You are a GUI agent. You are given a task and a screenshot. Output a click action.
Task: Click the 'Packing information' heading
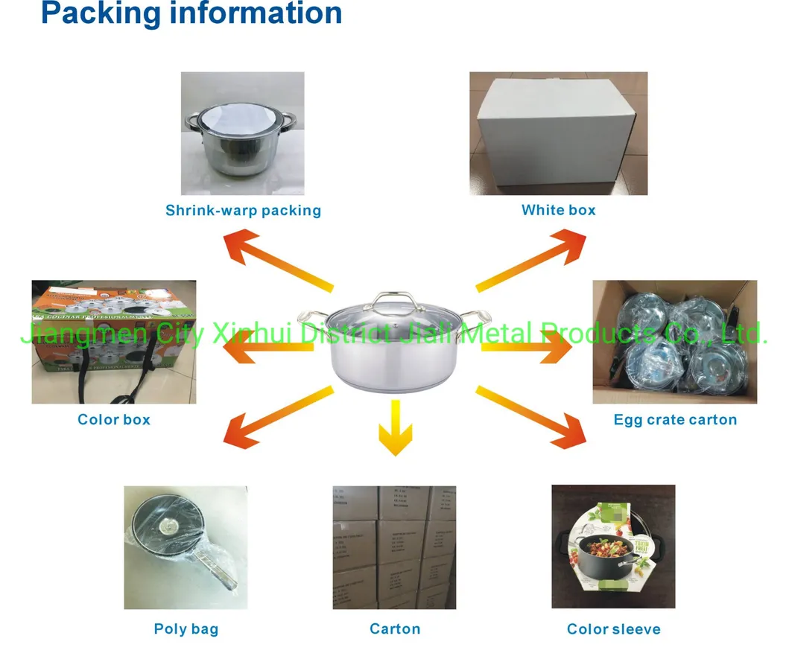191,13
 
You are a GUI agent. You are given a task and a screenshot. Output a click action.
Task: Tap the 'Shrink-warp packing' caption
243,210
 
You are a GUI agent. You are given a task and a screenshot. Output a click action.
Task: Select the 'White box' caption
558,210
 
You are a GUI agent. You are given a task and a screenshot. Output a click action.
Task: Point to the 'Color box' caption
114,420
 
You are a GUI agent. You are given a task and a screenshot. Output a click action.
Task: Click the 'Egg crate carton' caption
675,420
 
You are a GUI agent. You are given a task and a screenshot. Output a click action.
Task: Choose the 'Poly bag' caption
186,629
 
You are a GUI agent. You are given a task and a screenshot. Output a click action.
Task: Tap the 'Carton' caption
395,629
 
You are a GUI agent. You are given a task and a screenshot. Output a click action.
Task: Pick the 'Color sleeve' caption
613,629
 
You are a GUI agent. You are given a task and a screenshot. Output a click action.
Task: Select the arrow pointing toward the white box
530,261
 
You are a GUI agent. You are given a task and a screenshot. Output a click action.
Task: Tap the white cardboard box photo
558,134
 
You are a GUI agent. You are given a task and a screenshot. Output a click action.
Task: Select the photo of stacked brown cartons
394,547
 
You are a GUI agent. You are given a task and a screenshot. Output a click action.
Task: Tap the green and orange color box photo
113,342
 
